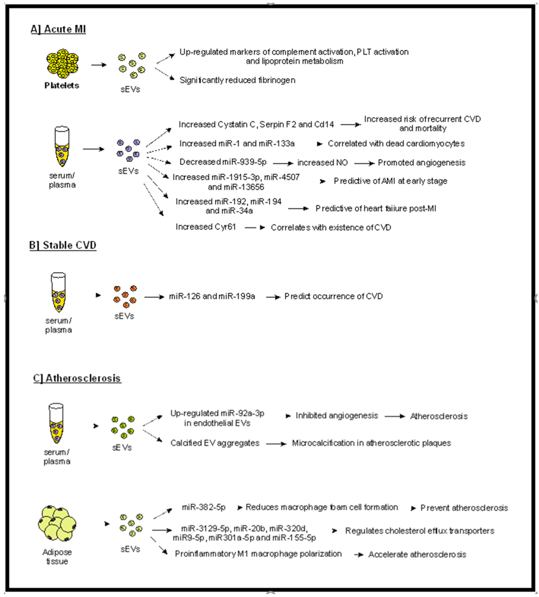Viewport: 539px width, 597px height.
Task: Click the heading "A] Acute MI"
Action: point(58,29)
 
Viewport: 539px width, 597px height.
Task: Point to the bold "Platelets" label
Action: point(62,86)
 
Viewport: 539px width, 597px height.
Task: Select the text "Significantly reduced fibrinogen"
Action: point(237,80)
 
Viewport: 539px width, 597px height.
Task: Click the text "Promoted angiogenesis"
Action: point(422,163)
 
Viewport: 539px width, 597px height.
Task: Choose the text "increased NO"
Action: point(323,163)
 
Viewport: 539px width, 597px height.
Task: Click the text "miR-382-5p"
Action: point(204,507)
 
